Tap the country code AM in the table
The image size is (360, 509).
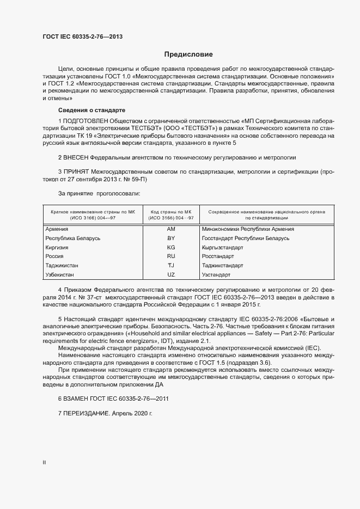click(171, 229)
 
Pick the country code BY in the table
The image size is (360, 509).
click(171, 238)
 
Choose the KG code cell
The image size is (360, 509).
click(171, 247)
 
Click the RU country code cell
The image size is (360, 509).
click(171, 256)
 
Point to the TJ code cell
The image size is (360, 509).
click(171, 265)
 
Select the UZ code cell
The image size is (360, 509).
click(171, 274)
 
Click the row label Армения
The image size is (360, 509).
click(57, 229)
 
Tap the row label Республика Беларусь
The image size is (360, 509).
click(73, 238)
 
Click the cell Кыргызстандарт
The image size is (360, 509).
click(222, 247)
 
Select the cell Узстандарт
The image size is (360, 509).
click(216, 274)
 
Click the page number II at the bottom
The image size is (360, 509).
click(44, 462)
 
